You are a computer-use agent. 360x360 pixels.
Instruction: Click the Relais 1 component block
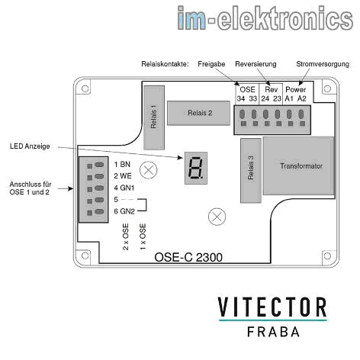(x=154, y=117)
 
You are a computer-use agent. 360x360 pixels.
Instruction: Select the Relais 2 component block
(x=198, y=113)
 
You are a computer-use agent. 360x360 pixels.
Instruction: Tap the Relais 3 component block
(x=251, y=171)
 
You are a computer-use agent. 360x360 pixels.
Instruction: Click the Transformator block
(x=298, y=166)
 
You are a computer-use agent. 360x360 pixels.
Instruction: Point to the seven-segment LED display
(x=196, y=168)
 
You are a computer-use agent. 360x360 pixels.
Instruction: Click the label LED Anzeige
(x=30, y=146)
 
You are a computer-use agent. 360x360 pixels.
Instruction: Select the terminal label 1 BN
(x=122, y=165)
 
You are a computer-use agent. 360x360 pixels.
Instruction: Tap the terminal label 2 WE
(x=123, y=176)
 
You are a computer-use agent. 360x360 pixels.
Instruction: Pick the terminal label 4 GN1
(x=124, y=188)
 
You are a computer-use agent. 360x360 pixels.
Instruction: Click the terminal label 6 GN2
(x=124, y=211)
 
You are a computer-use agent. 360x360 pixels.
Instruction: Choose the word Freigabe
(x=211, y=64)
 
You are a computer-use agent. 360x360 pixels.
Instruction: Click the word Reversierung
(x=256, y=64)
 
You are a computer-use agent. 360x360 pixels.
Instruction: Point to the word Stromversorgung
(x=323, y=64)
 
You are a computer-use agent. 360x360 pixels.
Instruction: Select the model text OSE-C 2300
(x=188, y=257)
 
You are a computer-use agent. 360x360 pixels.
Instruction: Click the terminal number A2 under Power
(x=302, y=98)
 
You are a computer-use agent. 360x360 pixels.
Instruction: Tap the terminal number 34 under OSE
(x=241, y=98)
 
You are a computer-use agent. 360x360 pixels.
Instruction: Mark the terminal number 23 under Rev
(x=277, y=98)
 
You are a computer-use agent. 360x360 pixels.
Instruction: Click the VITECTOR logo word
(x=272, y=307)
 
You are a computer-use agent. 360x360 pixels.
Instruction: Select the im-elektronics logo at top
(x=265, y=18)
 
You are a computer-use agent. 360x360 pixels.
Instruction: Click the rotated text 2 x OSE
(x=126, y=237)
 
